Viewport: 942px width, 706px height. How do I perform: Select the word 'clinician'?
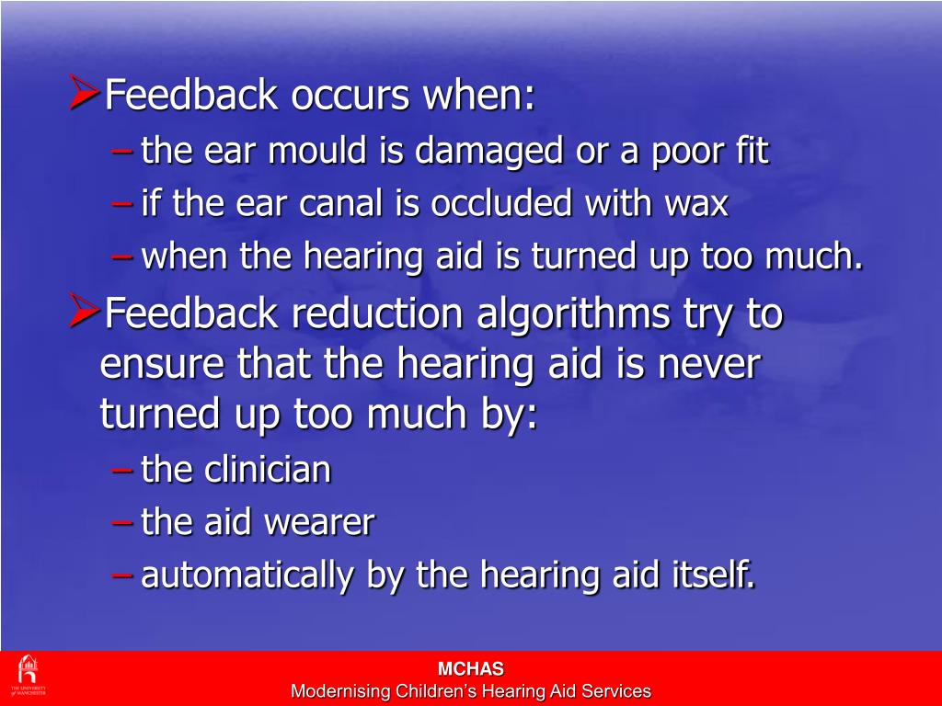point(267,471)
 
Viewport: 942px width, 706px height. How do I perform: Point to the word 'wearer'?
point(319,523)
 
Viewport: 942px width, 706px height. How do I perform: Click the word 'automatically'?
point(248,576)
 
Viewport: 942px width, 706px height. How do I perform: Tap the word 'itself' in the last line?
point(707,576)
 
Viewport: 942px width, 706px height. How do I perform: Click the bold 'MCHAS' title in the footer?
point(470,669)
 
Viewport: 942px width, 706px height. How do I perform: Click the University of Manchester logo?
point(28,676)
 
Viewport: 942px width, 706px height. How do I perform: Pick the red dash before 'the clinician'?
point(122,472)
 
